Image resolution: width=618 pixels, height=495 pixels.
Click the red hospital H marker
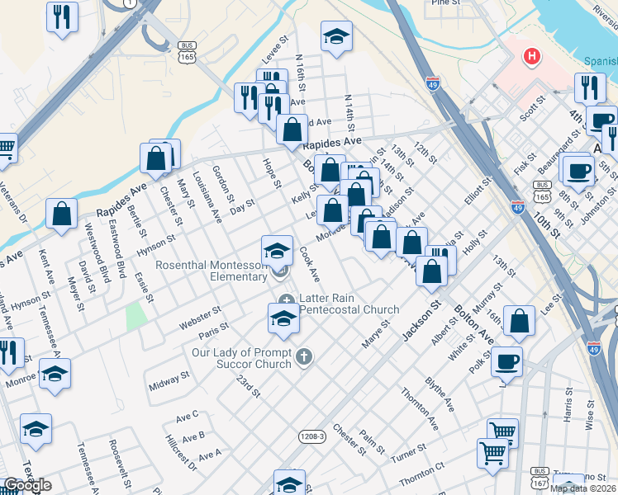[x=532, y=57]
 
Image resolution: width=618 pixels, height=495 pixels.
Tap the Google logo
[x=27, y=486]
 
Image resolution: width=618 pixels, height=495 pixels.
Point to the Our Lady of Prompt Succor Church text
[x=241, y=358]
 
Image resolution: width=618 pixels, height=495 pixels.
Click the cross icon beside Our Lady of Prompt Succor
[x=304, y=356]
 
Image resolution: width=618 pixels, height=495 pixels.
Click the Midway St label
[x=169, y=382]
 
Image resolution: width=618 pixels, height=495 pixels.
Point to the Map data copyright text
[x=583, y=488]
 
